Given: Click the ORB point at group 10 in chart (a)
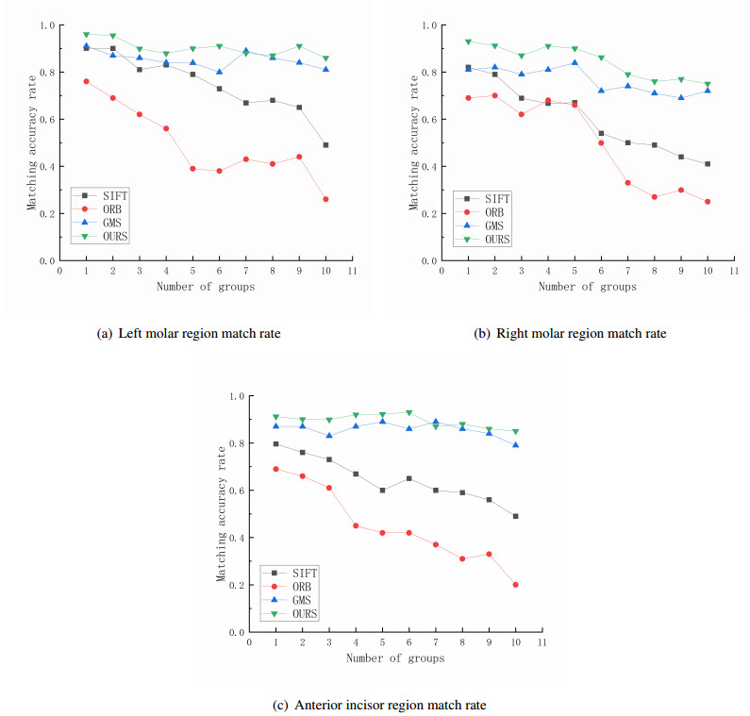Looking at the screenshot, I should (x=325, y=199).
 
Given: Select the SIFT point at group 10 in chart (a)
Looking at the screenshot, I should (x=325, y=144).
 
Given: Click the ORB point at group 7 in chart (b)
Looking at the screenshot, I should (x=627, y=183).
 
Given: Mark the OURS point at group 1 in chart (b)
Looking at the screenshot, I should (x=468, y=42).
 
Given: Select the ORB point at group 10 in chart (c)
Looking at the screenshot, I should (x=515, y=585).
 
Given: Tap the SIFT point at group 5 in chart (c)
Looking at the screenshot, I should (x=382, y=491).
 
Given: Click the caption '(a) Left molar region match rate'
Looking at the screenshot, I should (x=189, y=332).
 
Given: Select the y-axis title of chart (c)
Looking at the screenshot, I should (x=224, y=514).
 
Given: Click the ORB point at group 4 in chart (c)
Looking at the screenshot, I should (x=356, y=525).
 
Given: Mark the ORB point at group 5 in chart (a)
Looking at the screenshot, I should (x=192, y=169).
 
